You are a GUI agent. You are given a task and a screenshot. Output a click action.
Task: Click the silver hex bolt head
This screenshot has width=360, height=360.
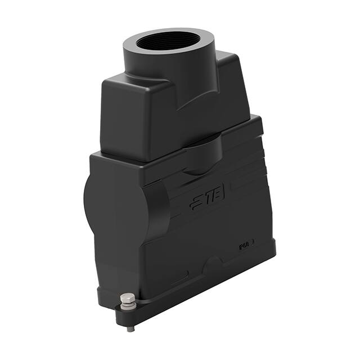point(128,299)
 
